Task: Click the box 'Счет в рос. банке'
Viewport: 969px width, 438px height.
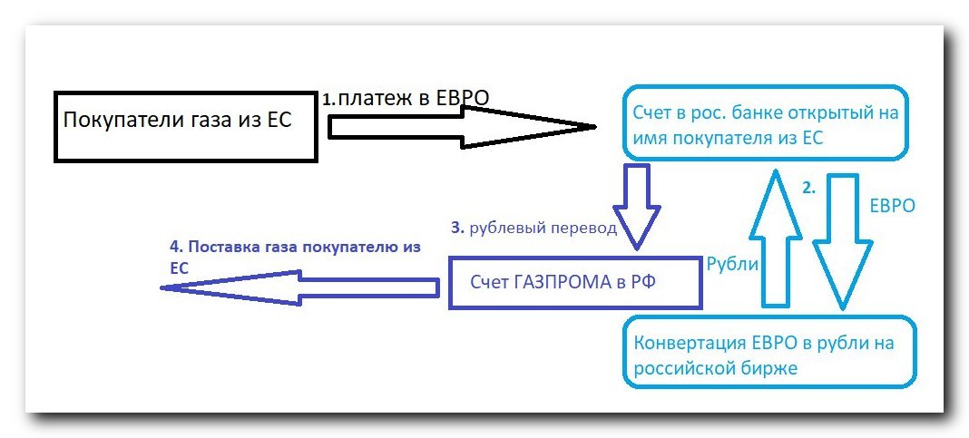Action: click(765, 123)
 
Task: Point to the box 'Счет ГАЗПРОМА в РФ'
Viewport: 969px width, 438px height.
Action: click(575, 282)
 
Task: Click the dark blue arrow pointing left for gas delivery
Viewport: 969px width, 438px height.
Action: click(299, 287)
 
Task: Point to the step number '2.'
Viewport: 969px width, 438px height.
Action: click(809, 189)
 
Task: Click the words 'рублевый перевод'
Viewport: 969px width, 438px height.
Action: click(544, 229)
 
